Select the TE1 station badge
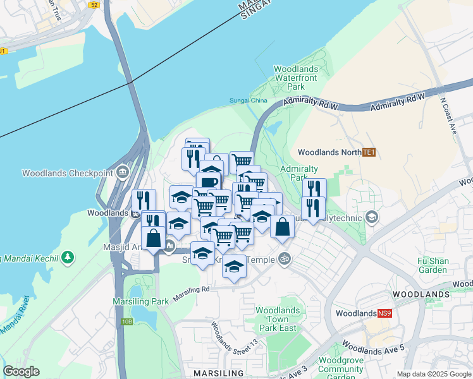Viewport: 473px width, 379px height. coord(369,152)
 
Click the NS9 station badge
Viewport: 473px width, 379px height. coord(385,313)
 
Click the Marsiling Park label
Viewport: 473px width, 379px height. coord(141,301)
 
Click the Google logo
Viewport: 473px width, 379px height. coord(21,371)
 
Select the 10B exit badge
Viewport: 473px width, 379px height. coord(128,322)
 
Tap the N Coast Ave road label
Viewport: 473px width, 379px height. coord(448,116)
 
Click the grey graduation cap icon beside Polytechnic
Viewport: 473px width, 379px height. coord(372,218)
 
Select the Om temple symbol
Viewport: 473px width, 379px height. coord(284,259)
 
